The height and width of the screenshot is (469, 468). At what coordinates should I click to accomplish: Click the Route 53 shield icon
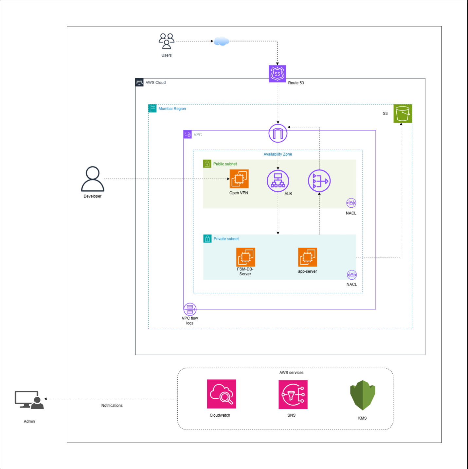pyautogui.click(x=277, y=74)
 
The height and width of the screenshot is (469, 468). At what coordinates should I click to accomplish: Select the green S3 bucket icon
pyautogui.click(x=403, y=113)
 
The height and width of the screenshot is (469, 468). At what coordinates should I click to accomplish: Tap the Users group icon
pyautogui.click(x=167, y=41)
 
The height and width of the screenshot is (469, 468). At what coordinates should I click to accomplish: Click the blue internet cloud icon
pyautogui.click(x=221, y=42)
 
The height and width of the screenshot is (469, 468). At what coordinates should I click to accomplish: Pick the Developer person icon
pyautogui.click(x=93, y=179)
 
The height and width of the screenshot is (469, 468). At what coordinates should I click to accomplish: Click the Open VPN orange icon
pyautogui.click(x=239, y=179)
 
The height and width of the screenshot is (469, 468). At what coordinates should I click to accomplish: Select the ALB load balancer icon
pyautogui.click(x=278, y=181)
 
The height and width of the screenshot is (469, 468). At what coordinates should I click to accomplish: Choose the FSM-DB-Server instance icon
pyautogui.click(x=245, y=257)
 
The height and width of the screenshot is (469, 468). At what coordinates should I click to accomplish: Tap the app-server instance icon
pyautogui.click(x=307, y=257)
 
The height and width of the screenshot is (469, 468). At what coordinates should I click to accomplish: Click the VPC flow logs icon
pyautogui.click(x=190, y=309)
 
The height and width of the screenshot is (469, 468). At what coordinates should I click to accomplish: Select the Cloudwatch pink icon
pyautogui.click(x=222, y=394)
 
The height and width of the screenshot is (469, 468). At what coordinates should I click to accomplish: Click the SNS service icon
pyautogui.click(x=293, y=394)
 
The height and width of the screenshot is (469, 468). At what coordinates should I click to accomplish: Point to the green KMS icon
pyautogui.click(x=363, y=395)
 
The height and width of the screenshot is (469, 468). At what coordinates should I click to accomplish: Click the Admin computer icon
pyautogui.click(x=29, y=400)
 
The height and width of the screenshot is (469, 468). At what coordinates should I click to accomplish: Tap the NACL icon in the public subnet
pyautogui.click(x=351, y=203)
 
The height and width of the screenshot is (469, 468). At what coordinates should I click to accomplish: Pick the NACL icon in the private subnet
pyautogui.click(x=352, y=275)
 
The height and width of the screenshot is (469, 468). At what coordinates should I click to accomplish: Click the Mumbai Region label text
pyautogui.click(x=172, y=109)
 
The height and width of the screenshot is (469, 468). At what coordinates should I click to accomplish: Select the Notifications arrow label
pyautogui.click(x=112, y=406)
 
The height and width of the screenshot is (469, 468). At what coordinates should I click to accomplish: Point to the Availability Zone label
pyautogui.click(x=278, y=154)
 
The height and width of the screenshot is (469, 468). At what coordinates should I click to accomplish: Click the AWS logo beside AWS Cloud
pyautogui.click(x=139, y=82)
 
